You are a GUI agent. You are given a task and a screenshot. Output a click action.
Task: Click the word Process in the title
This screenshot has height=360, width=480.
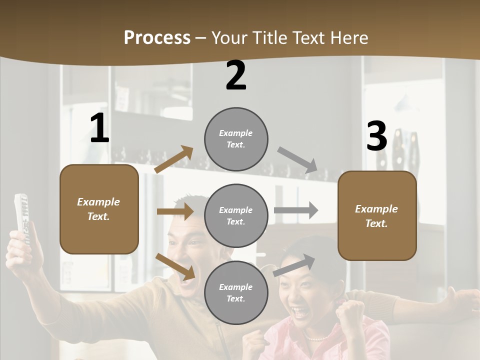click(x=157, y=38)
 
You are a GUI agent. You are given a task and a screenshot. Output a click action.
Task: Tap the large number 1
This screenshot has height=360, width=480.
click(x=99, y=128)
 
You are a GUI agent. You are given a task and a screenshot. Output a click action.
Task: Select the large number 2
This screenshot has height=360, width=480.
click(x=236, y=75)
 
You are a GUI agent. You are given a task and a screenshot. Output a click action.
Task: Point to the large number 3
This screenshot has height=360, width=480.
click(x=376, y=136)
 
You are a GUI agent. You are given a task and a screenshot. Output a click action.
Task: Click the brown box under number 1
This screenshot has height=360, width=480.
click(x=99, y=209)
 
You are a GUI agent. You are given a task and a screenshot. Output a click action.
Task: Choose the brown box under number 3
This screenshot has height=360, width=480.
click(x=377, y=216)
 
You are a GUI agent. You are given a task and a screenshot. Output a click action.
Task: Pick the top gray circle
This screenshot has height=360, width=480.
click(x=236, y=139)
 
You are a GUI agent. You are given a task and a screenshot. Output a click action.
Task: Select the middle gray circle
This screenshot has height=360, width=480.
click(x=236, y=216)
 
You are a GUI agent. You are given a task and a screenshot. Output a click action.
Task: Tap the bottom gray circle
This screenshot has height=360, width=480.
click(x=236, y=293)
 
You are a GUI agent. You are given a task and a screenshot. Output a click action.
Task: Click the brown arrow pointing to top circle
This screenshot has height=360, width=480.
click(x=174, y=159)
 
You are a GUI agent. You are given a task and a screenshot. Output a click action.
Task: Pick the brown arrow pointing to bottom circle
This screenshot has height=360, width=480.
click(x=175, y=266)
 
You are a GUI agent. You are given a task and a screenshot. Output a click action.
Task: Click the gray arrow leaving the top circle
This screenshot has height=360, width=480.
click(x=297, y=160)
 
